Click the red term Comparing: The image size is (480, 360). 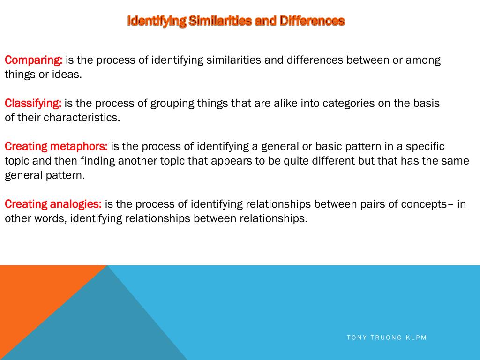tap(34, 60)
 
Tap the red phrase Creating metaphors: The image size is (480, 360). tap(56, 147)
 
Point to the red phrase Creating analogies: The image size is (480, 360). tap(53, 204)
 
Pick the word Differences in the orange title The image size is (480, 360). tap(312, 21)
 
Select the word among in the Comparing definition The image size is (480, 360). tap(423, 60)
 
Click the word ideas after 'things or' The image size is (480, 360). tap(69, 75)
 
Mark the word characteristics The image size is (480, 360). tap(82, 118)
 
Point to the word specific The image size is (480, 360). tap(425, 147)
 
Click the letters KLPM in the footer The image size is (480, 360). tap(416, 337)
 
